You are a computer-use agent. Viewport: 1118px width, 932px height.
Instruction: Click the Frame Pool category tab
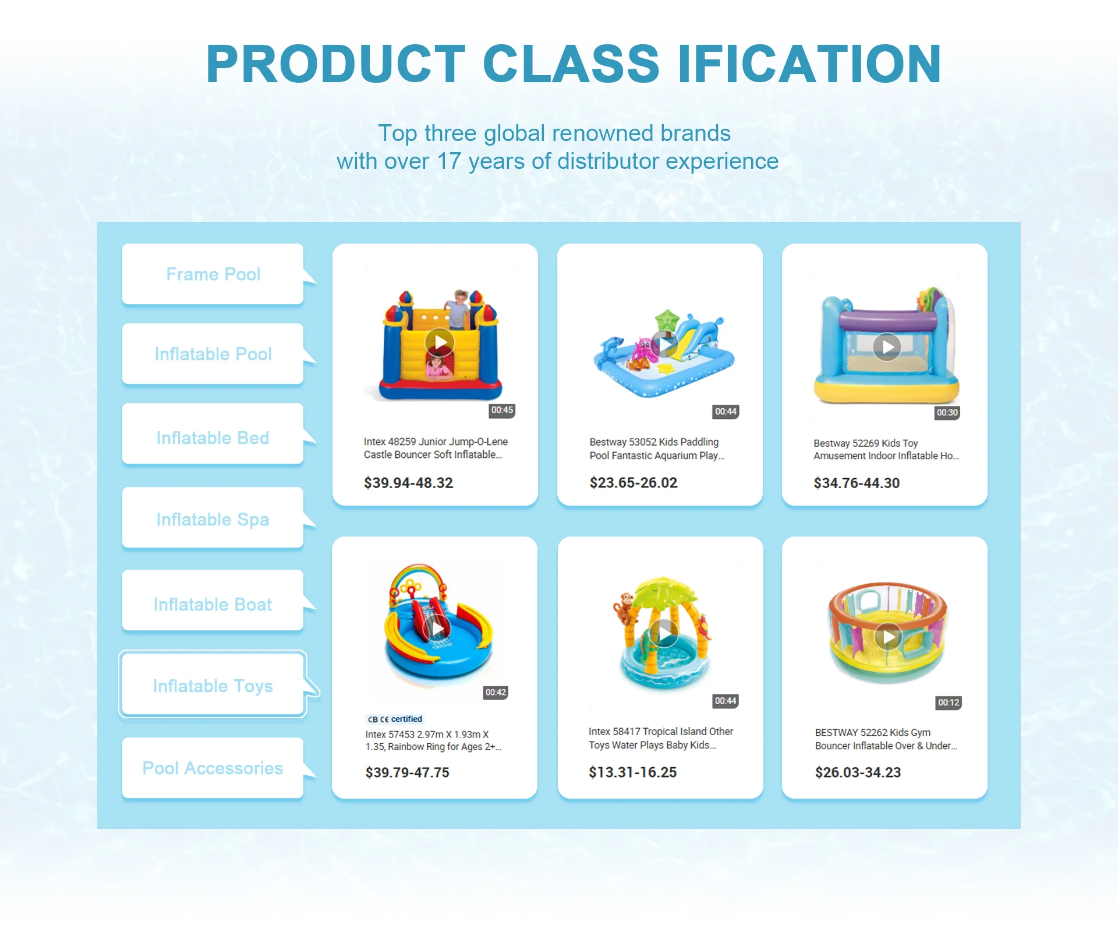click(213, 274)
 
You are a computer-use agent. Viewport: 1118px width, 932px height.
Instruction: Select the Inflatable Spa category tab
click(213, 518)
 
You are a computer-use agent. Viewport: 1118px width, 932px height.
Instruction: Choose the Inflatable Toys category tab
click(213, 685)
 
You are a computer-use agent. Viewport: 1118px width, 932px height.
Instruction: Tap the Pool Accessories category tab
click(213, 768)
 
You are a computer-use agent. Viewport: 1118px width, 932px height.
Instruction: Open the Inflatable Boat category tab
click(213, 603)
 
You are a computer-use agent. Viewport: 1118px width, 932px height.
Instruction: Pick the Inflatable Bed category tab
click(213, 437)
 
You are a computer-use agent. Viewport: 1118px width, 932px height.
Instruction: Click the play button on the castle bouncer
click(440, 343)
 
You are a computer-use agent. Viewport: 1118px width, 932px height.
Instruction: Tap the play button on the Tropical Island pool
click(664, 633)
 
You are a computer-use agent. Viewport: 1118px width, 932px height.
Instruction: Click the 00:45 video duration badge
click(502, 410)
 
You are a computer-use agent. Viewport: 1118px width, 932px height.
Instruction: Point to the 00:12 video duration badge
click(949, 702)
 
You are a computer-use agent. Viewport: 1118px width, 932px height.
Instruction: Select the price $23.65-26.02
click(634, 483)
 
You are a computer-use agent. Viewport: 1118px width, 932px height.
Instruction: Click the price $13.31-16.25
click(632, 772)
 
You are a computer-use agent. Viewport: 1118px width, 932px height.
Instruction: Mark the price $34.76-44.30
click(857, 483)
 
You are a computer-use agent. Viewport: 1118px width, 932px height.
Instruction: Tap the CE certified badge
click(395, 719)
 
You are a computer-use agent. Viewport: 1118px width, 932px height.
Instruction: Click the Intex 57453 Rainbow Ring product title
click(433, 740)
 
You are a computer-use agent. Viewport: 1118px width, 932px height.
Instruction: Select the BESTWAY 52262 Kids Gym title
click(886, 739)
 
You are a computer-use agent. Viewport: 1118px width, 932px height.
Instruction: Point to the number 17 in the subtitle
click(449, 161)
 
